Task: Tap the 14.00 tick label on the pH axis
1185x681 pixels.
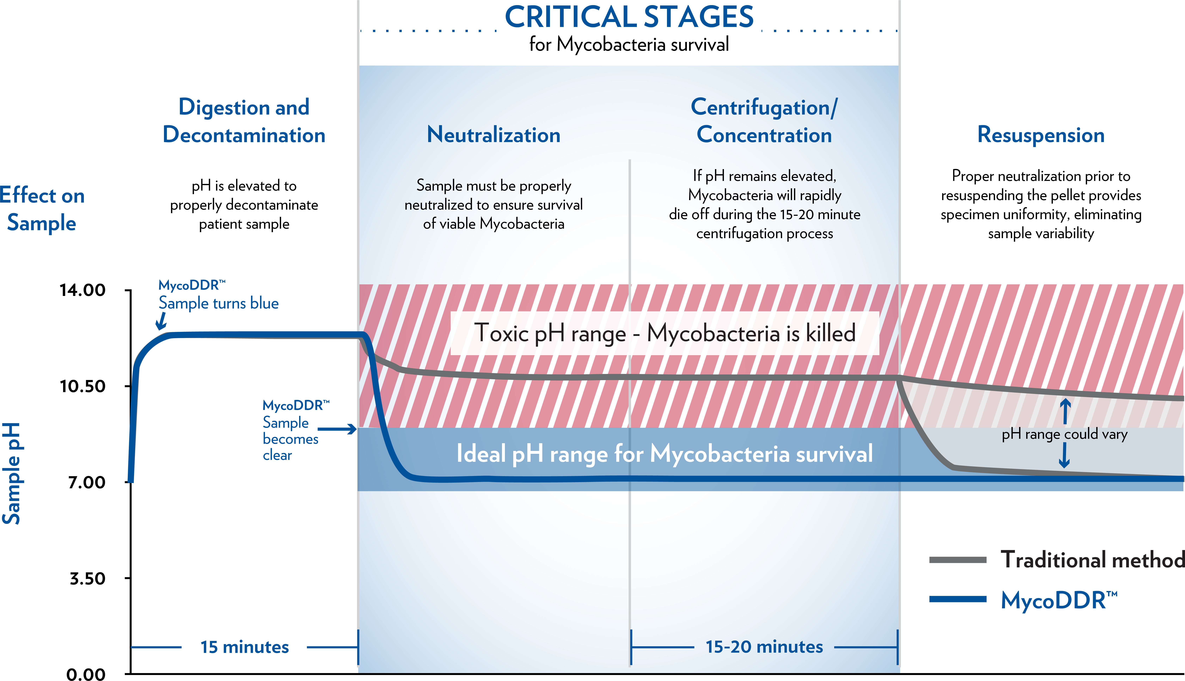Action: [x=82, y=290]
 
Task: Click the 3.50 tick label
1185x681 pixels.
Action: [x=88, y=579]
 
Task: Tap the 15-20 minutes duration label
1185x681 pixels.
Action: [x=764, y=647]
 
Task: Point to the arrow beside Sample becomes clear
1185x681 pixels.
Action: [x=337, y=429]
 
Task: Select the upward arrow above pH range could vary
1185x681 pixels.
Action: [x=1065, y=411]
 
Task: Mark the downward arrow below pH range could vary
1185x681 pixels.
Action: [x=1064, y=455]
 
